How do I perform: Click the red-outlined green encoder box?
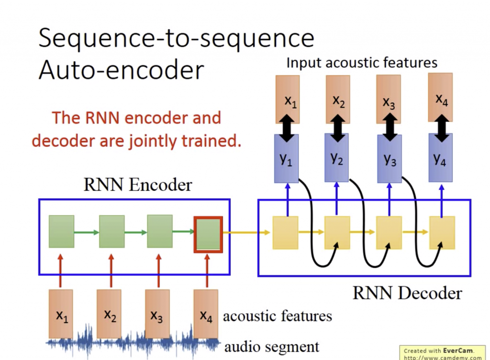pos(208,234)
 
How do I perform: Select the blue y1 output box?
pos(286,158)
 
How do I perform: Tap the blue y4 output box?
pos(440,158)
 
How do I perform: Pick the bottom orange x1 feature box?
pos(61,314)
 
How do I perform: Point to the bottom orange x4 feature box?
pos(206,314)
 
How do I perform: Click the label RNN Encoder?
pos(138,185)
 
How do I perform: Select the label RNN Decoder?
pos(407,293)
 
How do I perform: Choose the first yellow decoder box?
pos(285,233)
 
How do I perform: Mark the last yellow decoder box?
pos(442,233)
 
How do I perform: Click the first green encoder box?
pos(61,231)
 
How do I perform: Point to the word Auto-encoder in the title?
pos(121,70)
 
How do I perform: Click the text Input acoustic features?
pos(361,63)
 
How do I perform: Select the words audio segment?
pos(271,346)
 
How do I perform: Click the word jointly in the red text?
pos(151,142)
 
